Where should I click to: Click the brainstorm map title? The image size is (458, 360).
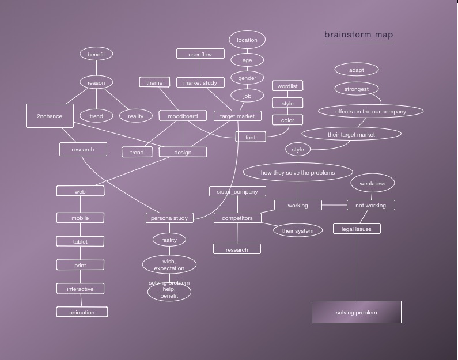click(358, 35)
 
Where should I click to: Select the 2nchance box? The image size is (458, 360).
click(50, 116)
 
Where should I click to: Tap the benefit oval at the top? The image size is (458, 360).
click(96, 54)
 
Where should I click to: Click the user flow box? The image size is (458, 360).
click(200, 54)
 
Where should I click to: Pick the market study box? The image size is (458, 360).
click(200, 82)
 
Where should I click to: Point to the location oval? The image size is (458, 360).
click(247, 40)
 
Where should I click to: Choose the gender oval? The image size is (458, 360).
click(247, 78)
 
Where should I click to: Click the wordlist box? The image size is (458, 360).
click(287, 86)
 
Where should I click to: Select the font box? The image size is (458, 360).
click(251, 137)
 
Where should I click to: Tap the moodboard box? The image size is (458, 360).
click(183, 116)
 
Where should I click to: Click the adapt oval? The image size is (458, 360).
click(357, 70)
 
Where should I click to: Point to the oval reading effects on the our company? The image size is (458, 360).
click(370, 111)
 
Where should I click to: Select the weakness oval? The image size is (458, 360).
click(372, 183)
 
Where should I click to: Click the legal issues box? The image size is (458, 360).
click(357, 229)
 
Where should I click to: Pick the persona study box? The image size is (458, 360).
click(169, 218)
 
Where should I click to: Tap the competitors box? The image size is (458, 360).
click(237, 218)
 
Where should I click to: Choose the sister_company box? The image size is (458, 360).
click(237, 191)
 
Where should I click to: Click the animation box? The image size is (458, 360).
click(82, 312)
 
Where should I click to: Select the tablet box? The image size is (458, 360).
click(80, 241)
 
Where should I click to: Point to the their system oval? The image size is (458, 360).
click(298, 230)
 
